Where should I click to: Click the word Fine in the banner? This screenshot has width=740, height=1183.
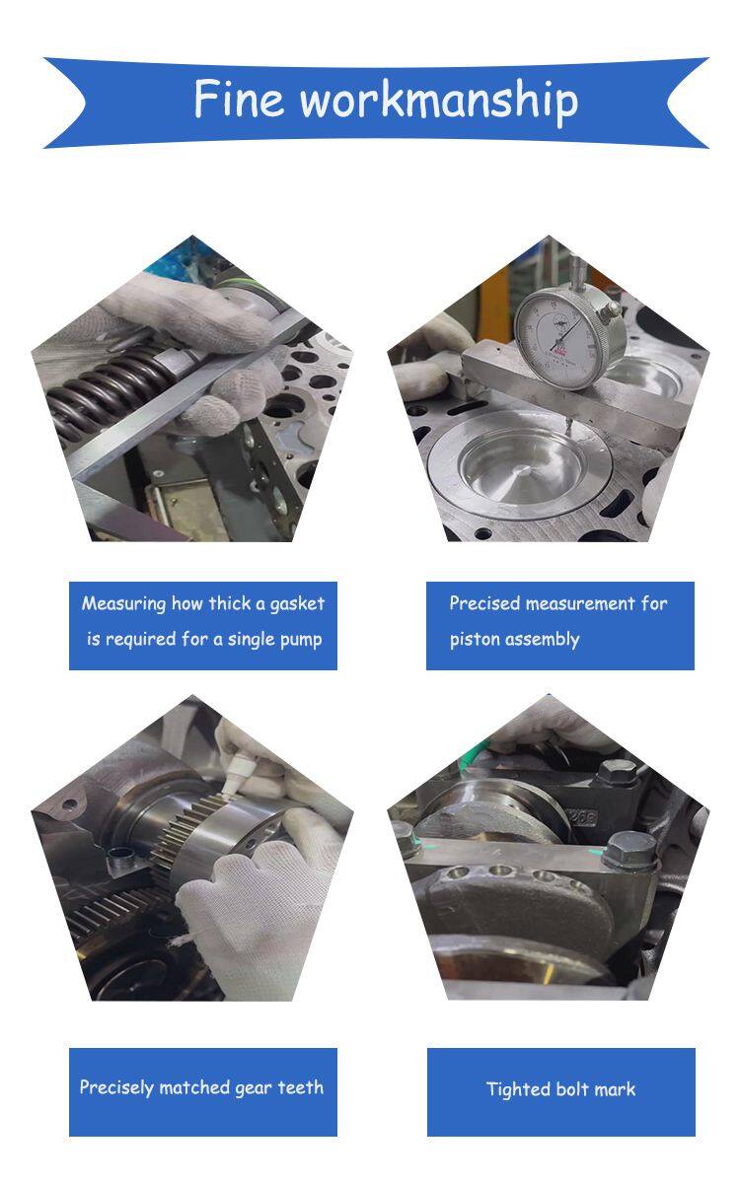coord(239,99)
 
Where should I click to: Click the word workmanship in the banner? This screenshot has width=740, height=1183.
coord(439,102)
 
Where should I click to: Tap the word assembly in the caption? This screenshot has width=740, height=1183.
coord(543,640)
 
